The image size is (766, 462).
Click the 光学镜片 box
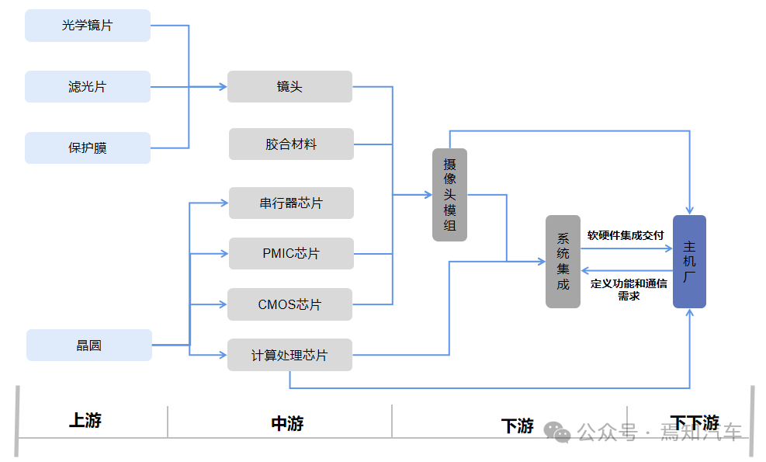click(x=87, y=26)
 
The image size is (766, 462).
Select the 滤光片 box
click(x=87, y=87)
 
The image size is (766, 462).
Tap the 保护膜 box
click(x=87, y=148)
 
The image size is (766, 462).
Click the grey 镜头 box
click(x=289, y=87)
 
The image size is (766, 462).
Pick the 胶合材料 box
click(x=291, y=144)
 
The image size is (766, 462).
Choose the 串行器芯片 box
click(x=291, y=203)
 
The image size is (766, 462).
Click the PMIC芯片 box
click(x=291, y=254)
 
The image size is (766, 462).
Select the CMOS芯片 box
click(x=289, y=304)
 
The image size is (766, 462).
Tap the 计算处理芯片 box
click(x=289, y=355)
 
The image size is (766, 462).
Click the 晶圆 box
click(x=88, y=346)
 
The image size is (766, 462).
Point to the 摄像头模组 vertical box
click(x=449, y=195)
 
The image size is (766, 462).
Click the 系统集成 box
click(x=563, y=262)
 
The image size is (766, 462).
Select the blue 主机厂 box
click(x=689, y=262)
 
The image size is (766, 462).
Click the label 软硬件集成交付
click(x=626, y=235)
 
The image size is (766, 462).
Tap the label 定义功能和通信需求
click(x=629, y=289)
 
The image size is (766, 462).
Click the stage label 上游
click(x=85, y=421)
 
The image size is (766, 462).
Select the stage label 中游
click(x=287, y=423)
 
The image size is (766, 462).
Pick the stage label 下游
click(x=518, y=426)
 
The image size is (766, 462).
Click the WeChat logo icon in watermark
click(x=556, y=431)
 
